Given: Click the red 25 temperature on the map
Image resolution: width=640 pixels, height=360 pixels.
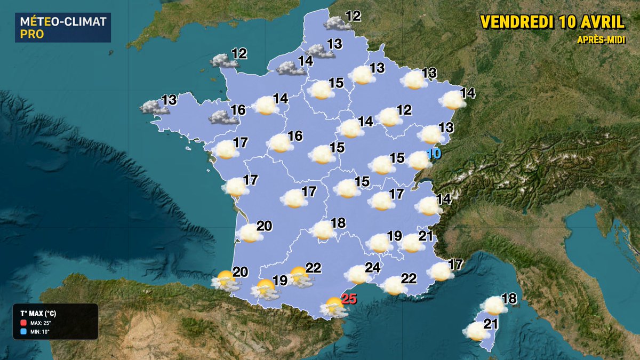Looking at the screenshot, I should point(348,299).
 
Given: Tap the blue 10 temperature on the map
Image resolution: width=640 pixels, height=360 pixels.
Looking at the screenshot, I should point(434,154).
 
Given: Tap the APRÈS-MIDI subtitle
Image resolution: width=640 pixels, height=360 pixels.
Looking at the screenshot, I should point(601,40).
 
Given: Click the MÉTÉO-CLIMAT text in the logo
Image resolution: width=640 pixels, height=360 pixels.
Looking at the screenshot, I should point(62,22).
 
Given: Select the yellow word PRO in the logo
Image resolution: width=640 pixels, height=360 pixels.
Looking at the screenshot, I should point(29,34).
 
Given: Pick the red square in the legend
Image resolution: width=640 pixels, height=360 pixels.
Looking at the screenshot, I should point(23,323).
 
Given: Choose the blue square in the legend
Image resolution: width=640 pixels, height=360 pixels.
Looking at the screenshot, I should point(23,332).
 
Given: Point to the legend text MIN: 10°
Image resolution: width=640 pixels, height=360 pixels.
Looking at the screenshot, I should point(41,332).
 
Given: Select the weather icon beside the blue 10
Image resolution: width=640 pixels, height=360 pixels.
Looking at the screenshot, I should point(419,159).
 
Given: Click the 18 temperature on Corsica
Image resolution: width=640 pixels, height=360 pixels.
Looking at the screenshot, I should point(509,299).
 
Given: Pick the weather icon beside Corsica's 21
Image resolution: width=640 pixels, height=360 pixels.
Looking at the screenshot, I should point(475,332).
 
